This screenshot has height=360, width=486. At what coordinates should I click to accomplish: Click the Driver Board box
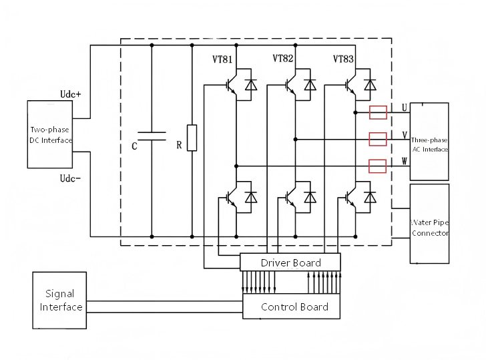coord(290,262)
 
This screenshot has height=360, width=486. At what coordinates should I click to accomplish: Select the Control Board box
coord(291,307)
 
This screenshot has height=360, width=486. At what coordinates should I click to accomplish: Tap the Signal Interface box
coord(59,300)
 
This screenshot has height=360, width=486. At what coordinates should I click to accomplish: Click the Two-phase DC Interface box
coord(50,134)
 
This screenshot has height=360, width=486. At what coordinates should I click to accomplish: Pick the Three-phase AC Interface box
coord(429,142)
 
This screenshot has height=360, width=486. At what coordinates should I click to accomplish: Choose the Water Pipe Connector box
coord(430,224)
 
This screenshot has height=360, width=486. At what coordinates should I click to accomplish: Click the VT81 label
coord(222,59)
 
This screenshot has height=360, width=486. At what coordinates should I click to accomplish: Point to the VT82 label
coord(282,58)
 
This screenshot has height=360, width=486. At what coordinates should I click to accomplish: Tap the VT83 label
coord(343,59)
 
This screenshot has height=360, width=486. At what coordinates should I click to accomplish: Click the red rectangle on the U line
coord(378,112)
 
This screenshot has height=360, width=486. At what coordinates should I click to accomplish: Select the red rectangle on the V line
coord(378,139)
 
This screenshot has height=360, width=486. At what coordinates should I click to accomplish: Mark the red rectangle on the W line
coord(378,166)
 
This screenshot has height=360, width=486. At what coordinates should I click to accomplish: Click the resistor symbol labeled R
coord(192,138)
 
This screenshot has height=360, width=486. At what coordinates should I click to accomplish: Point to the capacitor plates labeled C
coord(152,136)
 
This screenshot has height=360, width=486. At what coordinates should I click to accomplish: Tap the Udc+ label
coord(70,94)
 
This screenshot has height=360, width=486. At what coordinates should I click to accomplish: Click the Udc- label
coord(70,178)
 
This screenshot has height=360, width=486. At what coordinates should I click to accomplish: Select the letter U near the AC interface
coord(404,108)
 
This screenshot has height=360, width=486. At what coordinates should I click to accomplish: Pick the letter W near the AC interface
coord(404,161)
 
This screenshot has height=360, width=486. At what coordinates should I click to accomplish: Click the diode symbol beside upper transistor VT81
coord(251,85)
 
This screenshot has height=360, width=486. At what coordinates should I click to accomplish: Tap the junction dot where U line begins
coord(356,113)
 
